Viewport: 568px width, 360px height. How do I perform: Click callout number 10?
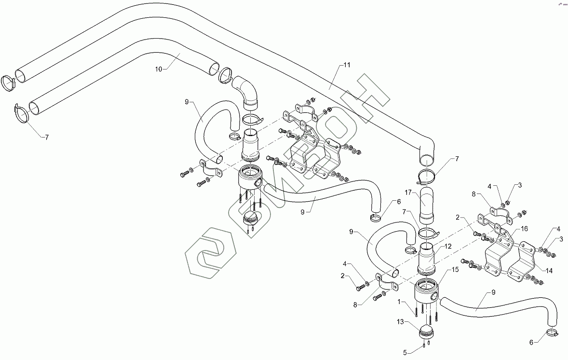(x=159, y=69)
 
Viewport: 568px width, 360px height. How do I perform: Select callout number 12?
(x=447, y=247)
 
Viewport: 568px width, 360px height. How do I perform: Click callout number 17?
(x=408, y=192)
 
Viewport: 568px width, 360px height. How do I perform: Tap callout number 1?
(x=399, y=302)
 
